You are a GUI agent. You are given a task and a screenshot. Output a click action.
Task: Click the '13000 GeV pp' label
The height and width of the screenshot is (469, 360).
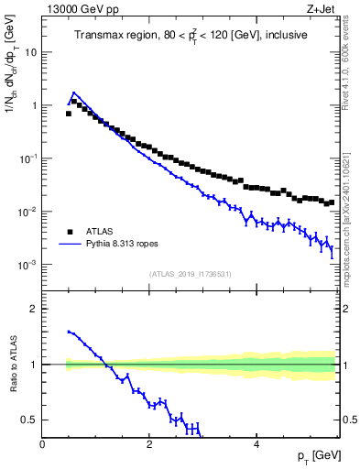click(x=78, y=10)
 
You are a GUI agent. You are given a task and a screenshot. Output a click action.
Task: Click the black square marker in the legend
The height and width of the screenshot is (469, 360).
click(x=69, y=232)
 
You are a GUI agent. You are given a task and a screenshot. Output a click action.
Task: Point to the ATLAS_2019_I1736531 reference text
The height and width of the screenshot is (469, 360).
click(x=191, y=274)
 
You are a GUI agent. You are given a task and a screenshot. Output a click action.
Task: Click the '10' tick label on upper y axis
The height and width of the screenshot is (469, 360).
click(x=31, y=52)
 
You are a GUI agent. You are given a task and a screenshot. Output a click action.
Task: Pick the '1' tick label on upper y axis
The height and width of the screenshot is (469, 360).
click(x=34, y=105)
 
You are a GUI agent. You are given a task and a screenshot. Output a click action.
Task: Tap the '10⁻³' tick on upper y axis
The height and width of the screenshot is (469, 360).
click(x=27, y=265)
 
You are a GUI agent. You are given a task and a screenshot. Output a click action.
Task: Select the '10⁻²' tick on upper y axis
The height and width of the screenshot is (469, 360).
click(x=27, y=212)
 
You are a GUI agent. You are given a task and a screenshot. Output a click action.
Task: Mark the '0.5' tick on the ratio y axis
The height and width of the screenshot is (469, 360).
click(x=29, y=420)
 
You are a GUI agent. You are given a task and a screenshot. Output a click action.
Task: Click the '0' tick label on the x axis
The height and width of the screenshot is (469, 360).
click(x=42, y=444)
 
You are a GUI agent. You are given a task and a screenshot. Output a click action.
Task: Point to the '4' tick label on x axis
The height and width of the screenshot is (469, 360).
click(x=256, y=444)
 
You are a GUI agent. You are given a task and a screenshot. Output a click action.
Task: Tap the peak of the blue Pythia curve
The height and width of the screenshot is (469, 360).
click(x=73, y=93)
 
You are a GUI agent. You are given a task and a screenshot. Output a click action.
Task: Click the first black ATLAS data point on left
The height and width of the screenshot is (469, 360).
click(x=69, y=114)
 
